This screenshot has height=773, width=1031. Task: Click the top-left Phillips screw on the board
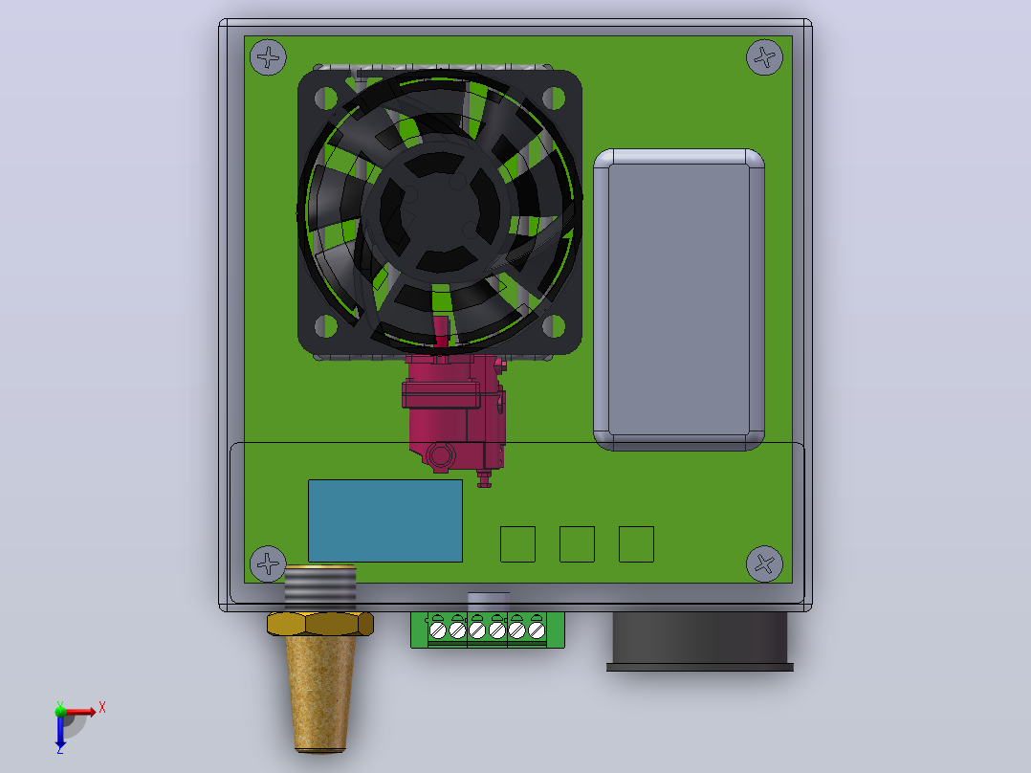pos(268,57)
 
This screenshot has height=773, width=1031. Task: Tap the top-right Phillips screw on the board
pos(765,57)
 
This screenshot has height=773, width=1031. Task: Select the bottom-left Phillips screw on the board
pos(268,563)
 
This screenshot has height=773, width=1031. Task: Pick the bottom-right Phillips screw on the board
pos(765,563)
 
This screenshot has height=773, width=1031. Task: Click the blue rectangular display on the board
pos(385,521)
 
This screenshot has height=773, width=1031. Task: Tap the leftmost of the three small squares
pos(518,544)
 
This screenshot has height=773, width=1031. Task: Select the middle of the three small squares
pos(578,544)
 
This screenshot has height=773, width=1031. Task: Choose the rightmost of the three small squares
pos(637,544)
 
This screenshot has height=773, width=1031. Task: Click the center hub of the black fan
pos(439,210)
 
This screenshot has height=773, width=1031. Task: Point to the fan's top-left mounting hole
pos(326,99)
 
